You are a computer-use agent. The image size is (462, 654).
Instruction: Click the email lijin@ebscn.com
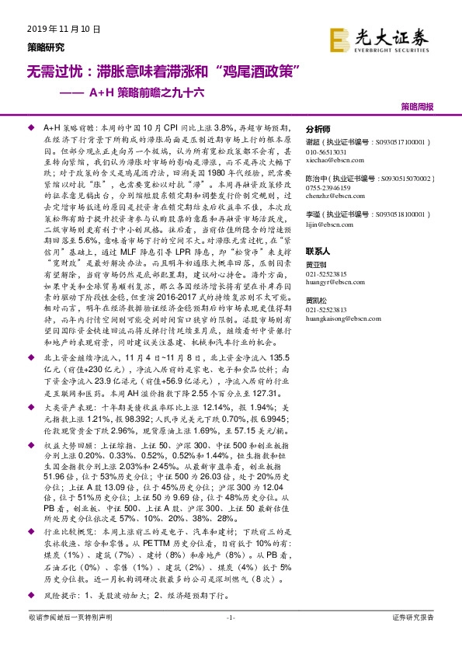pyautogui.click(x=325, y=224)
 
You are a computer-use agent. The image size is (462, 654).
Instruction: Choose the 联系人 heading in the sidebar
pyautogui.click(x=318, y=252)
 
